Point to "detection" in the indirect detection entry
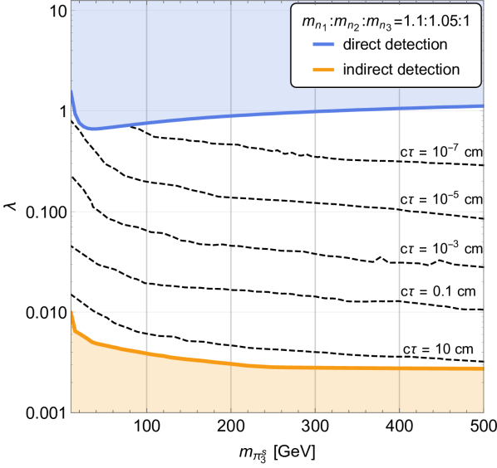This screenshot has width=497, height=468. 430,70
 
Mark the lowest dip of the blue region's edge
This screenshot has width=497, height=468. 94,131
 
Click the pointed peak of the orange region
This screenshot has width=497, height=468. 73,311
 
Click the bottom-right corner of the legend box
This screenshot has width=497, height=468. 481,86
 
